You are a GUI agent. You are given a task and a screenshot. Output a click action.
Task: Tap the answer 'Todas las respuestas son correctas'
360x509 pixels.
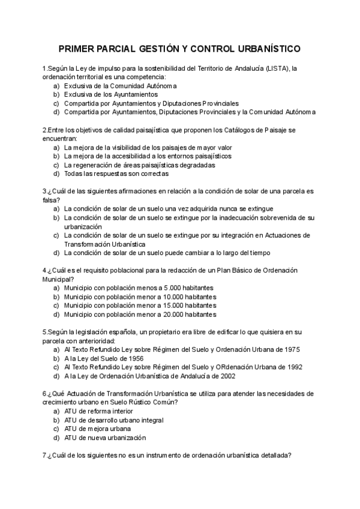pyautogui.click(x=116, y=174)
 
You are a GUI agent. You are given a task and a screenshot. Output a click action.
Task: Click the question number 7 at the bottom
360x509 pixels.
pyautogui.click(x=44, y=456)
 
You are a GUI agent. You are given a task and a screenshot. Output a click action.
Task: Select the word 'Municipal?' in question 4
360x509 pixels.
pyautogui.click(x=58, y=279)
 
